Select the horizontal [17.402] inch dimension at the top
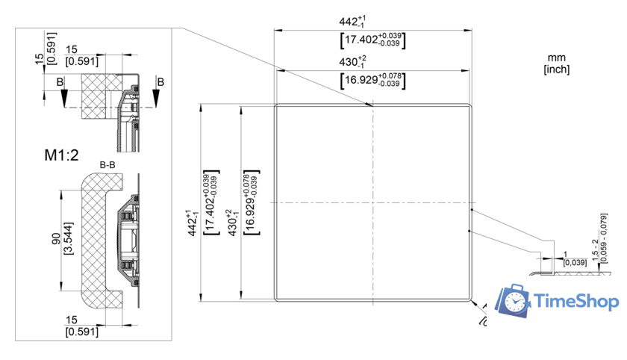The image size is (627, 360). click(372, 40)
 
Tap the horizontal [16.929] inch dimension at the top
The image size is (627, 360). click(372, 80)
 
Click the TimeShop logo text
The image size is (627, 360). click(577, 301)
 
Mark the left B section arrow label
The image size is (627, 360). click(60, 80)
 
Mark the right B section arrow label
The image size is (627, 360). click(160, 80)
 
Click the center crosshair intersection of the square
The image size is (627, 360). click(372, 202)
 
